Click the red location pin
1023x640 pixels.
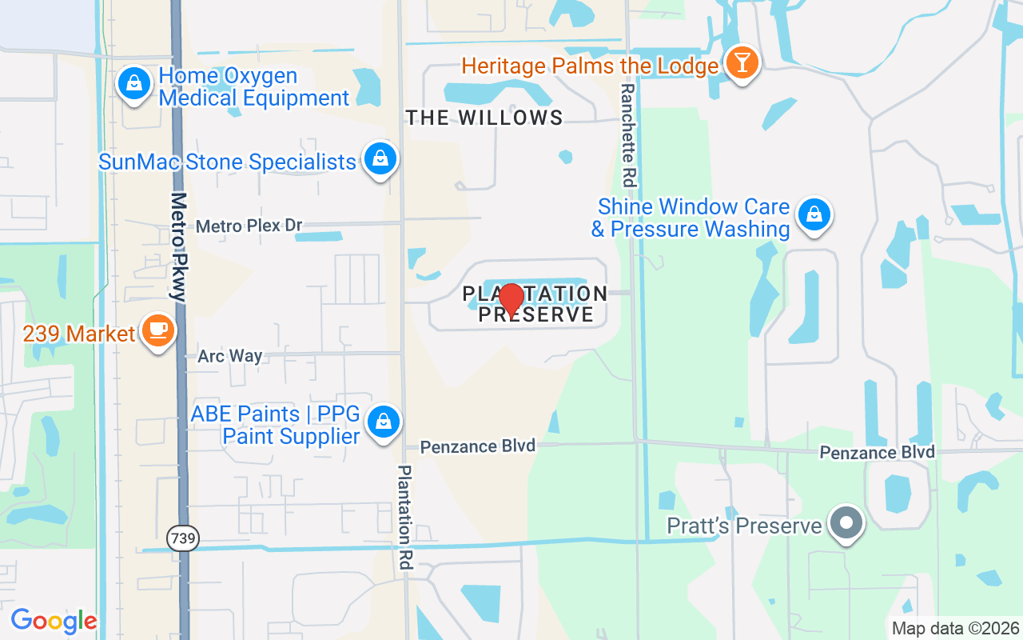511,300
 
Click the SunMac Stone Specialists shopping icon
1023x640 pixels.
380,158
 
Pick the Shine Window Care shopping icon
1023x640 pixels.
814,214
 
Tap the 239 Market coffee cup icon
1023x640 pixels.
157,330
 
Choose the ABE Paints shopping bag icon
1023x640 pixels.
384,420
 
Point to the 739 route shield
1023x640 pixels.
183,538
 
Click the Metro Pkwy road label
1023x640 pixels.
179,246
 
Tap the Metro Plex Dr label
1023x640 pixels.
249,226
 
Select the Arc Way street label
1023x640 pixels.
230,356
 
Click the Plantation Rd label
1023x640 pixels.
405,517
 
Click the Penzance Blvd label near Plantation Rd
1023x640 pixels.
478,446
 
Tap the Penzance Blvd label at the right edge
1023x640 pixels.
878,453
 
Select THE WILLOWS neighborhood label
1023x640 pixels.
484,118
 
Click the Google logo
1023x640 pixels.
54,621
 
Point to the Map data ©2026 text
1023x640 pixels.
956,628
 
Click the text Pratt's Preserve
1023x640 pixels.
745,526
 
